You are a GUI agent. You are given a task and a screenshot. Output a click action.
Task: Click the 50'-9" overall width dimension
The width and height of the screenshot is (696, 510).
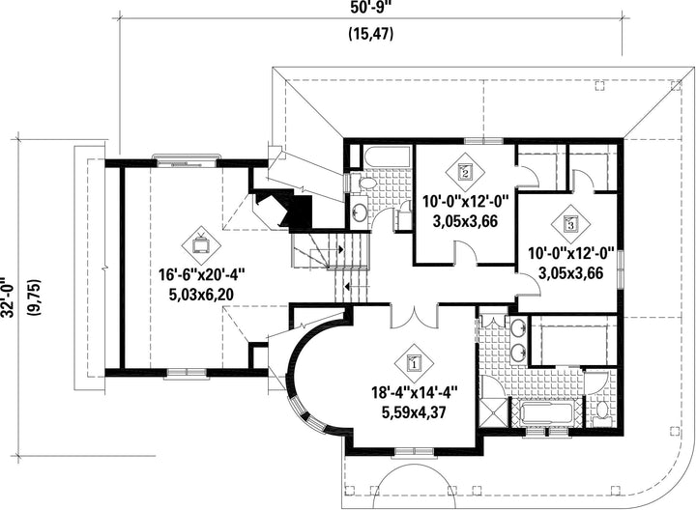[371, 8]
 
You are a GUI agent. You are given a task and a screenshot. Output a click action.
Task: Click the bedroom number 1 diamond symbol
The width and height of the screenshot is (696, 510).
[414, 363]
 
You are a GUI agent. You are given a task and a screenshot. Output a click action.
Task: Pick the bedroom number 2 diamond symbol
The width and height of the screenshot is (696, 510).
[465, 172]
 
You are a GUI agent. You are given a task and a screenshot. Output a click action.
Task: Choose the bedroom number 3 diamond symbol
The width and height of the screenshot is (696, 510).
[570, 224]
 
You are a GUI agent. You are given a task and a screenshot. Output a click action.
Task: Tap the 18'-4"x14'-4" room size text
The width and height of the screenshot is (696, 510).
[415, 392]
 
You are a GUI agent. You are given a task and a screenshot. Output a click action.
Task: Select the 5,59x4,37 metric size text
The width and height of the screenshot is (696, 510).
[414, 412]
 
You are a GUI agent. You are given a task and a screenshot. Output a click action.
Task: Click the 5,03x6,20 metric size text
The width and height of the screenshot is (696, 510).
[201, 295]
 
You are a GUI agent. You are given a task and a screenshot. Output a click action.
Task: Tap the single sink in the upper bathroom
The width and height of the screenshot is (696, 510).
[359, 212]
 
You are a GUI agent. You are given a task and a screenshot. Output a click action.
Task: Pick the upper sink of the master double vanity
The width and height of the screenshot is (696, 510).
[518, 328]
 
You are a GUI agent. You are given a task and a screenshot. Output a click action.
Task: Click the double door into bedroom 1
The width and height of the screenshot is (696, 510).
[415, 316]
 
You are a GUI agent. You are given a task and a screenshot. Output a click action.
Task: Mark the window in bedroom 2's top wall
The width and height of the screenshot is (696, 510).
[484, 141]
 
